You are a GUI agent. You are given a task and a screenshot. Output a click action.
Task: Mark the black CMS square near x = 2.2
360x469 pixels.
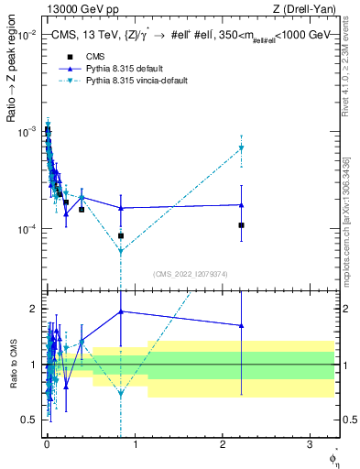click(x=241, y=224)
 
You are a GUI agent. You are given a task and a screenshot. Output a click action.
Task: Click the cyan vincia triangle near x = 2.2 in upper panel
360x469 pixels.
click(x=241, y=147)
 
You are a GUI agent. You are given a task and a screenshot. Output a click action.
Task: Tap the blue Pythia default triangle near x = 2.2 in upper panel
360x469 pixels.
click(x=241, y=205)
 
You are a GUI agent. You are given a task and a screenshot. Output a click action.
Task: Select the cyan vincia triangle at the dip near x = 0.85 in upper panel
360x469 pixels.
click(x=121, y=250)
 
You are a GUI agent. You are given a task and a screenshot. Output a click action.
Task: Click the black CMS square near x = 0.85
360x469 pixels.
click(x=121, y=235)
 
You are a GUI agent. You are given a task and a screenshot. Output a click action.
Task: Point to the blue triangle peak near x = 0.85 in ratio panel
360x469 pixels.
click(x=121, y=311)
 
